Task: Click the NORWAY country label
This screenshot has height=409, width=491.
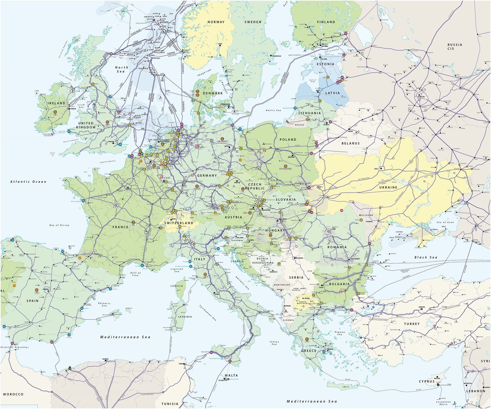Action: [x=216, y=22]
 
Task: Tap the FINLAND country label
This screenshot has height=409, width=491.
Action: [x=326, y=22]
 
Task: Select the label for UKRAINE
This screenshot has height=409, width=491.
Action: [x=388, y=188]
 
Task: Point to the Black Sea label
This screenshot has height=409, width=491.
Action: [x=426, y=257]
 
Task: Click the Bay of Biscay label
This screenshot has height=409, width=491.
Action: [x=59, y=225]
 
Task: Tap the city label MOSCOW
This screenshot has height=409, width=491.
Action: [x=421, y=97]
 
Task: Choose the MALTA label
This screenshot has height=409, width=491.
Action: [x=231, y=375]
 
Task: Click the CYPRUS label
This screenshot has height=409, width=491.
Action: [x=427, y=381]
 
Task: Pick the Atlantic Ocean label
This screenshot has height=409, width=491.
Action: [x=28, y=182]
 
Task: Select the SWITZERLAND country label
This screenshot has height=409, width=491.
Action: [x=179, y=223]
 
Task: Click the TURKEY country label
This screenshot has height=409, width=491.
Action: [x=412, y=324]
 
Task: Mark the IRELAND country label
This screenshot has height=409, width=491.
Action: [x=56, y=103]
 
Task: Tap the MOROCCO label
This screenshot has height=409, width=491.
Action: [x=13, y=394]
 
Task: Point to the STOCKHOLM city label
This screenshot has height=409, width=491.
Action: [x=276, y=56]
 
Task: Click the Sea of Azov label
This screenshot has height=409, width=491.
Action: [x=445, y=222]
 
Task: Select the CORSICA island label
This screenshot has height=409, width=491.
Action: [x=176, y=286]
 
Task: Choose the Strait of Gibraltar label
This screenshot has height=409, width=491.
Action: [x=14, y=347]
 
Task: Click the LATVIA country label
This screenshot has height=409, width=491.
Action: [x=333, y=93]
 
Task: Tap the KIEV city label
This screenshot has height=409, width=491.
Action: [x=376, y=169]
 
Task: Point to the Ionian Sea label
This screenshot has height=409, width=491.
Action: [x=274, y=343]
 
